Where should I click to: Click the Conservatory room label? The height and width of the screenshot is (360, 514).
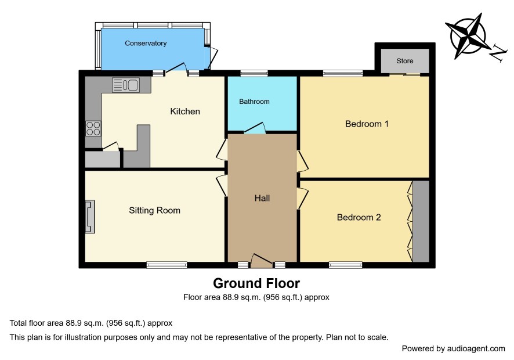coord(146,44)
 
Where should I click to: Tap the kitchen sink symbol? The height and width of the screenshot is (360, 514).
coord(126,85)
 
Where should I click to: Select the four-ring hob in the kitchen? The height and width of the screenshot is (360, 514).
coord(93,128)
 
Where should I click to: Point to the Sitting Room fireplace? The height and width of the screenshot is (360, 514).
coord(89,217)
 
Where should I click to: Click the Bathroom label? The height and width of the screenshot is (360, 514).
coord(254,102)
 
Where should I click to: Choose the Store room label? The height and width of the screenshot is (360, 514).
coord(405,61)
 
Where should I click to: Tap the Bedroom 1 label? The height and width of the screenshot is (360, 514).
coord(367,124)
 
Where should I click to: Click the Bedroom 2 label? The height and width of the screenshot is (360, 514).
coord(359,217)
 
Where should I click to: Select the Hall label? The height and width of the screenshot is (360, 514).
coord(262,198)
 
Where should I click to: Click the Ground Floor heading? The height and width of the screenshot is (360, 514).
coord(256,283)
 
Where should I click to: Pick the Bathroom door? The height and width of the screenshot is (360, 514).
coord(255,128)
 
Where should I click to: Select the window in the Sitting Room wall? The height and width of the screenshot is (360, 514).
coord(167,265)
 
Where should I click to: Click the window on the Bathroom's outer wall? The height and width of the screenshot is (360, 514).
coord(254,73)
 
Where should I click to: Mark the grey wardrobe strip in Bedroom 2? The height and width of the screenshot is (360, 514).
coord(421,221)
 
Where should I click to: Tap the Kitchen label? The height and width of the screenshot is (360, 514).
coord(185,111)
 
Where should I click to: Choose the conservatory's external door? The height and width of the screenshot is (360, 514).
coord(212,57)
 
